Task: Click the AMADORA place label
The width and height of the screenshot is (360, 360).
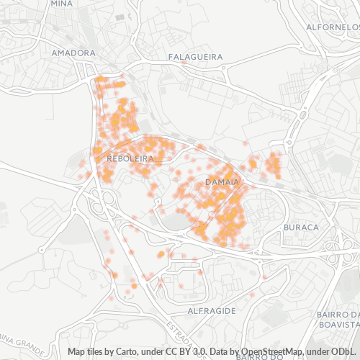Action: point(74,53)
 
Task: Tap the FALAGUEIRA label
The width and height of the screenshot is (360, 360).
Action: point(195,56)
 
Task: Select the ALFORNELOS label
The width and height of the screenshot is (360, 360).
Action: point(333,27)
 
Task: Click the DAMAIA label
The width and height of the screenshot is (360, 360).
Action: point(222,182)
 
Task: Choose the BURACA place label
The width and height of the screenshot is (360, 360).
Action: point(301,227)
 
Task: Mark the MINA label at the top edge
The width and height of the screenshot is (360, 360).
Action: point(61,3)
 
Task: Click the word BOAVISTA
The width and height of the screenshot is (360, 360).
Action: point(338,325)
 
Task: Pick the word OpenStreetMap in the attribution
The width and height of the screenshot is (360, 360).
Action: point(266,351)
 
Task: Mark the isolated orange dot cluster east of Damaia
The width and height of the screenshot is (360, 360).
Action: point(272,165)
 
